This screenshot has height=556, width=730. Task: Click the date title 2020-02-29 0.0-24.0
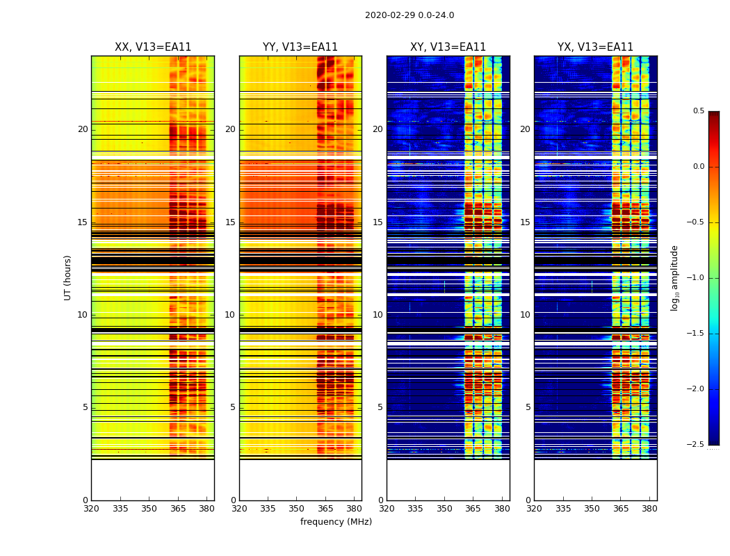pos(409,15)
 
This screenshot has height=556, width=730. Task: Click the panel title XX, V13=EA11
pos(153,47)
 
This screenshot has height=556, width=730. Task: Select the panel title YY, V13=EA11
pos(300,47)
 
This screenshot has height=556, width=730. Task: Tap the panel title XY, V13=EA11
pos(448,47)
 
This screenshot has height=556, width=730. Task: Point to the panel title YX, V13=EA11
pos(595,47)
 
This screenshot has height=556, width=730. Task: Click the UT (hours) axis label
pos(67,277)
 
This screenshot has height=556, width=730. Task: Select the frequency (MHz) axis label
pos(336,522)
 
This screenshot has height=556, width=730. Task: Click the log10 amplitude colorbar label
pos(674,277)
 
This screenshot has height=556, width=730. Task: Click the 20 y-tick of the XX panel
pos(83,129)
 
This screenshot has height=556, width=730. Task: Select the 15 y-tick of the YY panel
pos(230,222)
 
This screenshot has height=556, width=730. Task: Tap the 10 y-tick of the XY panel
pos(378,315)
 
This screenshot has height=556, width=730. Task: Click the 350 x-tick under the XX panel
pos(149,509)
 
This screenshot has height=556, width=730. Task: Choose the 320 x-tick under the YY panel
pos(239,509)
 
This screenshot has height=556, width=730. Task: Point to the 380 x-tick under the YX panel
pos(649,509)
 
